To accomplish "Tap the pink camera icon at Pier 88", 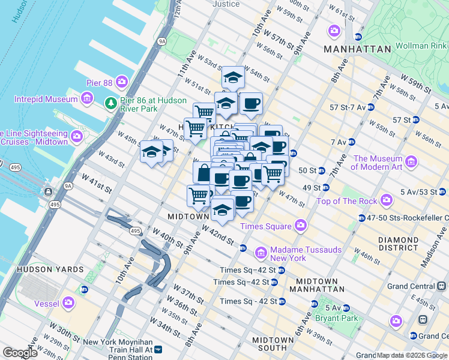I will coord(122,81).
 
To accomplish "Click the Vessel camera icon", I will coord(68,302).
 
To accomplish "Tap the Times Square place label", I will coord(266,226).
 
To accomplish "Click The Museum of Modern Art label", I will coord(378,163).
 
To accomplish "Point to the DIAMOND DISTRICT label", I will coord(398,244).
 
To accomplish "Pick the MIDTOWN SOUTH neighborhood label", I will coord(273,344).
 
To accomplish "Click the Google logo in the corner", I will coord(20,353).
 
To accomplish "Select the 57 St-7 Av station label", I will coord(347,107).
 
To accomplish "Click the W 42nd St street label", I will coord(217,235).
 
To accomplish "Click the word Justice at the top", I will coord(226,4).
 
